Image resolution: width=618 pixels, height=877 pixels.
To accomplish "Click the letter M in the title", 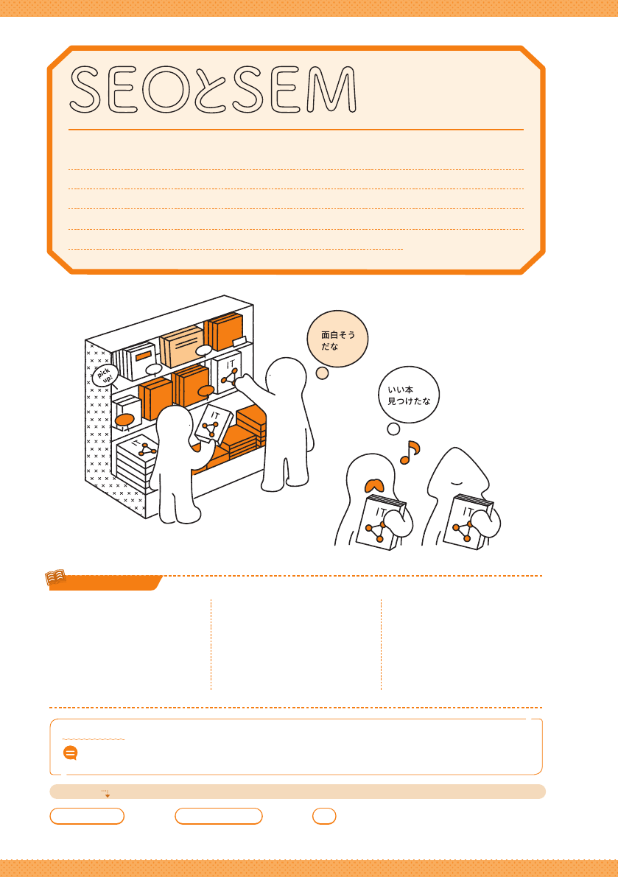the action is [332, 90].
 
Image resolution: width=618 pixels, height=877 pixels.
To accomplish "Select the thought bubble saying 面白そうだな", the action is [338, 339].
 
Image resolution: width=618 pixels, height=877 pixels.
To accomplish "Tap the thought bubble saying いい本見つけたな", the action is [409, 395].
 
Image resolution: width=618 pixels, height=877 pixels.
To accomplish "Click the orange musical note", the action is [410, 452].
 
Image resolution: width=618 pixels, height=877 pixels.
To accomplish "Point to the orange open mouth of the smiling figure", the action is [373, 485].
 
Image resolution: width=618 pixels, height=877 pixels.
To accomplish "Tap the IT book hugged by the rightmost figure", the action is [467, 522].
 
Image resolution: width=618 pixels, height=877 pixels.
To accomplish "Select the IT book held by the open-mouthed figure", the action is [380, 523].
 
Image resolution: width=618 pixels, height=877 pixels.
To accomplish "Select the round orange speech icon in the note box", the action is [71, 753].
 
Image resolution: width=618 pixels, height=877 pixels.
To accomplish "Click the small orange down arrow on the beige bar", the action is [107, 795].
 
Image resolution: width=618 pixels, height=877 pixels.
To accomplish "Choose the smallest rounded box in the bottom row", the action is [324, 816].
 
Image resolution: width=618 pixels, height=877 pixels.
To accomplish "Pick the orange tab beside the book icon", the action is [105, 583].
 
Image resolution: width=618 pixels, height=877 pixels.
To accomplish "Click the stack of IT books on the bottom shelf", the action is [136, 464].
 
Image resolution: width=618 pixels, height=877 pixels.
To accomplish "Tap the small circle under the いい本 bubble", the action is [394, 429].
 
